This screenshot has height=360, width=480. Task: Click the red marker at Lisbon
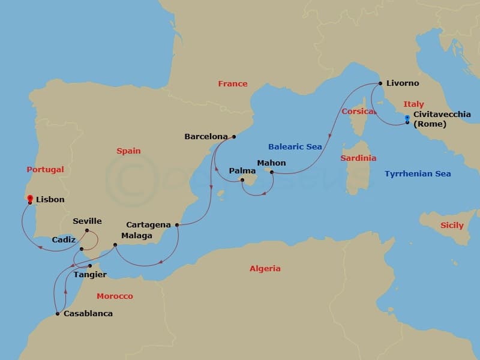click(x=30, y=199)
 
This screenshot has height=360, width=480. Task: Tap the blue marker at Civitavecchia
click(x=407, y=118)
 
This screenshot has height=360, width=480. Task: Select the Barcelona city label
click(x=206, y=137)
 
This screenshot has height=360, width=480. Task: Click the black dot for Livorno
click(x=380, y=83)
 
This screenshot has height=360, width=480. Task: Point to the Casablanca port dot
click(x=57, y=313)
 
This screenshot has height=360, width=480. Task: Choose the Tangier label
click(x=90, y=275)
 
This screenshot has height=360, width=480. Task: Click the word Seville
click(x=87, y=221)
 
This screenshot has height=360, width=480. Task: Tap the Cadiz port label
click(x=64, y=239)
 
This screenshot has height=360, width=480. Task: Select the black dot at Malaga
click(x=115, y=245)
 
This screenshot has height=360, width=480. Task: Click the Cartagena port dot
click(x=177, y=225)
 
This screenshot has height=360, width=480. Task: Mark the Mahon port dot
click(x=272, y=172)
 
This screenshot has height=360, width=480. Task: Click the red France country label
click(x=233, y=84)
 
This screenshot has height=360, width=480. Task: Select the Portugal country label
click(x=45, y=170)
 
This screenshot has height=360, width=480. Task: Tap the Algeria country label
click(x=265, y=269)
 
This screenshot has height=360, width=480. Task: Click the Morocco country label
click(x=115, y=296)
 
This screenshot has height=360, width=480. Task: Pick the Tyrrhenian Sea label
click(x=418, y=174)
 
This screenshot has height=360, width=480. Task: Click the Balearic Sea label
click(x=295, y=147)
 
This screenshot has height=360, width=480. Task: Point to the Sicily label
click(x=452, y=226)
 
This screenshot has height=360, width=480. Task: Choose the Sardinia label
click(x=358, y=158)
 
